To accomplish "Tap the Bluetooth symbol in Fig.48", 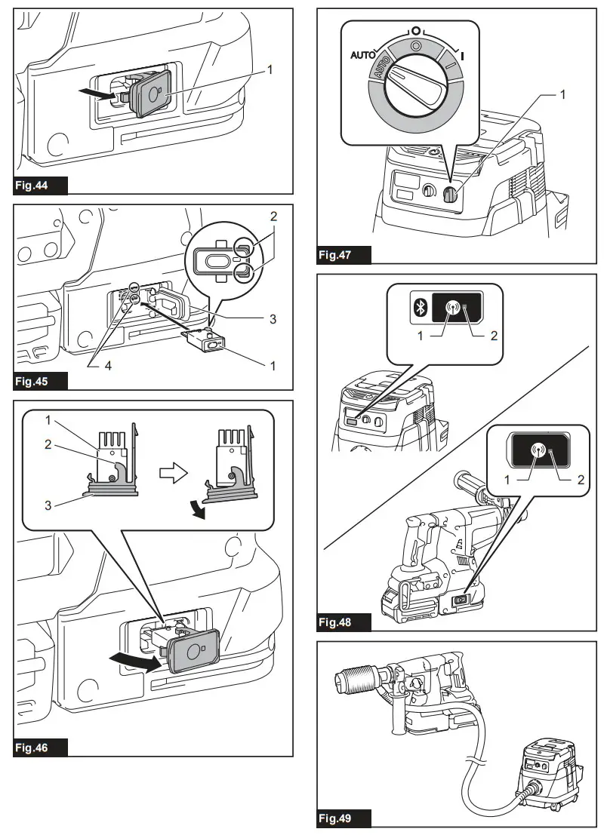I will tap(424, 307).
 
